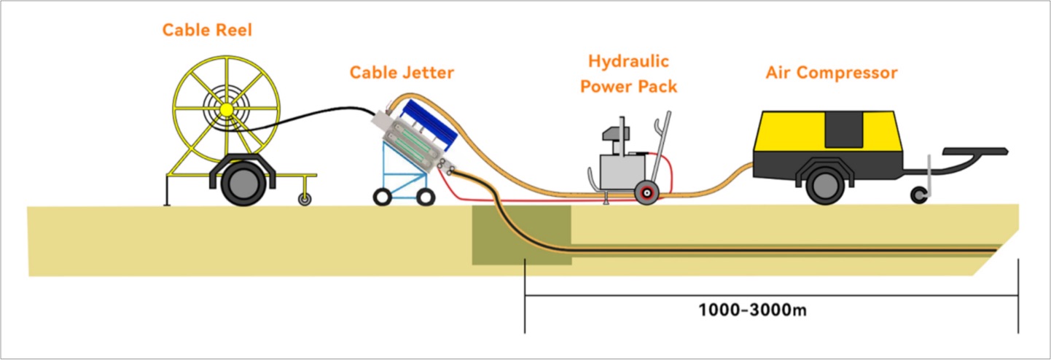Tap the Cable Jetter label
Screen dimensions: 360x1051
pyautogui.click(x=402, y=72)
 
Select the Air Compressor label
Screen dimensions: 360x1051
pyautogui.click(x=831, y=73)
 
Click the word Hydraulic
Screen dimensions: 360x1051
pyautogui.click(x=628, y=61)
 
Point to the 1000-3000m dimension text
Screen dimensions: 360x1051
pyautogui.click(x=752, y=309)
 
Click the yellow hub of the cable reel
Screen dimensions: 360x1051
pyautogui.click(x=227, y=109)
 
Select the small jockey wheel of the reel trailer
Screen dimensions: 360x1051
pyautogui.click(x=304, y=198)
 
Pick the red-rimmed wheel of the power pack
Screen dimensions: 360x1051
pyautogui.click(x=645, y=192)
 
